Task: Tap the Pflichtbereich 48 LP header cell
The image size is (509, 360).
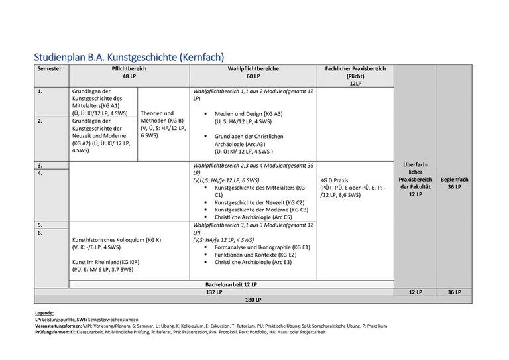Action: pyautogui.click(x=129, y=73)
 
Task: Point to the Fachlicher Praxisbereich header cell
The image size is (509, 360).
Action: pyautogui.click(x=355, y=76)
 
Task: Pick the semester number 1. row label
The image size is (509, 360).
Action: pyautogui.click(x=41, y=91)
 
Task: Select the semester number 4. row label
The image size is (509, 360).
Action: pyautogui.click(x=41, y=173)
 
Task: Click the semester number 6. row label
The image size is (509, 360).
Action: pyautogui.click(x=41, y=233)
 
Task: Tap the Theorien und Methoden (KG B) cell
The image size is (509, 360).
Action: pyautogui.click(x=163, y=124)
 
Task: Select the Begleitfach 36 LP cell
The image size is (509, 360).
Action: pyautogui.click(x=454, y=183)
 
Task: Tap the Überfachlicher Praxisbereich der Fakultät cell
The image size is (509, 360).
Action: pyautogui.click(x=415, y=179)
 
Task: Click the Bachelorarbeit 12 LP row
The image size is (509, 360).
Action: pyautogui.click(x=231, y=284)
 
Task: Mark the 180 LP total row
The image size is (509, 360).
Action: pyautogui.click(x=253, y=300)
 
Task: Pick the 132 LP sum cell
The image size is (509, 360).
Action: pyautogui.click(x=213, y=292)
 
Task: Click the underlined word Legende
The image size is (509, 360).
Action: pyautogui.click(x=44, y=312)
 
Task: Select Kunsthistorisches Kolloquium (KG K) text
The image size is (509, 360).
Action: pyautogui.click(x=117, y=240)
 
